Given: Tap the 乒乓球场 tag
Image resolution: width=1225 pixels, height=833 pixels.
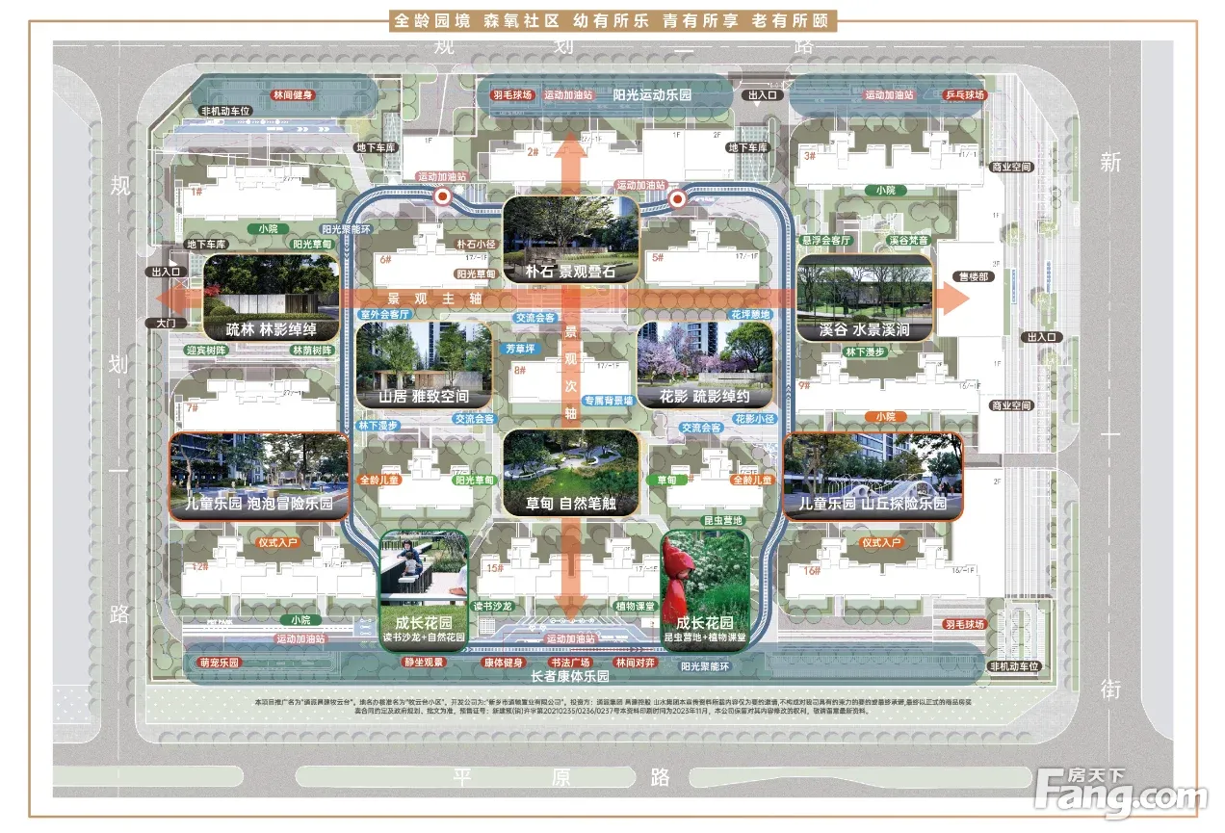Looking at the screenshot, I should pyautogui.click(x=965, y=95).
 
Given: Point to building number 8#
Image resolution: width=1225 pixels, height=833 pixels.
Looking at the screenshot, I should pyautogui.click(x=520, y=371).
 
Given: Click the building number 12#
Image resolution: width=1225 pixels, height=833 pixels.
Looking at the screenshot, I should pyautogui.click(x=200, y=566).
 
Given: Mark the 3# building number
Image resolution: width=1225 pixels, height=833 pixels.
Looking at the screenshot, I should pyautogui.click(x=810, y=154).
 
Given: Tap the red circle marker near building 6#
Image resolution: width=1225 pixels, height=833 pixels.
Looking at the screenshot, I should pyautogui.click(x=443, y=197).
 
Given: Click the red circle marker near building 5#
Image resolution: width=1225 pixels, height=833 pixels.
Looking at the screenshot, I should pyautogui.click(x=676, y=199).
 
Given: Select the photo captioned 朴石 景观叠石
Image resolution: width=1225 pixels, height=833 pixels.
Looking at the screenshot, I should pyautogui.click(x=570, y=239).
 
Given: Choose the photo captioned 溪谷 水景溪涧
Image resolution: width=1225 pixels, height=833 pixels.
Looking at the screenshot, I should pyautogui.click(x=864, y=297).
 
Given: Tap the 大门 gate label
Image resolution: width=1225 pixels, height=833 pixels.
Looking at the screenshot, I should pyautogui.click(x=159, y=324).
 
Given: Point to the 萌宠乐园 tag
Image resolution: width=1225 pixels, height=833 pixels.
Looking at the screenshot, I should pyautogui.click(x=219, y=664).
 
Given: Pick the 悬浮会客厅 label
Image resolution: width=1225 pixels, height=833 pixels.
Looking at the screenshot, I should pyautogui.click(x=826, y=239).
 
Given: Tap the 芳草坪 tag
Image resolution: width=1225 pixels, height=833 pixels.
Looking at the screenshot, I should pyautogui.click(x=520, y=348).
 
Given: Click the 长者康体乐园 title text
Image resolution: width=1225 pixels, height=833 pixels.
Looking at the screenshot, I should pyautogui.click(x=570, y=677).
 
